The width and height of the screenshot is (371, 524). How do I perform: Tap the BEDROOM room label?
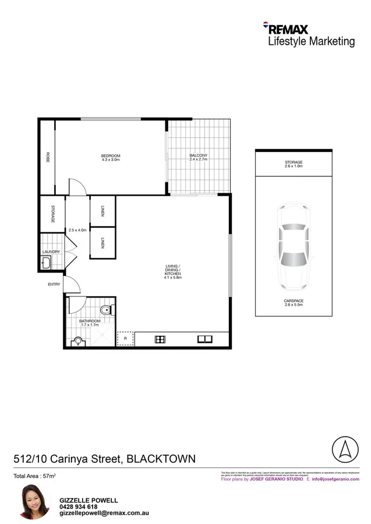point(111,157)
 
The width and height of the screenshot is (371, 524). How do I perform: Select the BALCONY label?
point(199,157)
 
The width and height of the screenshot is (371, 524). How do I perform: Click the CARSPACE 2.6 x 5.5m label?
point(294,303)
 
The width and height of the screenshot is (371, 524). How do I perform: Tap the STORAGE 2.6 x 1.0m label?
point(294,164)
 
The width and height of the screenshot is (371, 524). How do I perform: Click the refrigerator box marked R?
point(125,339)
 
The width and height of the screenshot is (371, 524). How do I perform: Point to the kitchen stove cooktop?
point(161,339)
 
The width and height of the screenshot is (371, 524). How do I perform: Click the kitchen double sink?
point(204,339)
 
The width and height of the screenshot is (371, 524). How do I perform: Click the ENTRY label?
point(54,284)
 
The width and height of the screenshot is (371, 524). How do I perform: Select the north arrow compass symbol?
point(344,449)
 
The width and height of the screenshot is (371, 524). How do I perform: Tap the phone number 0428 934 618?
point(79,507)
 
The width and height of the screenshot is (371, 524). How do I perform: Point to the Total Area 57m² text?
point(34,476)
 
